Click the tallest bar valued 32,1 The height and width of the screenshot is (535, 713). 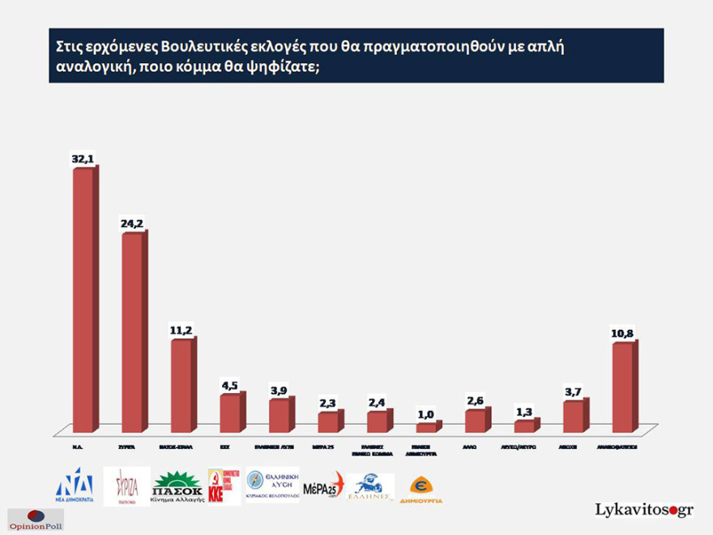click(83, 300)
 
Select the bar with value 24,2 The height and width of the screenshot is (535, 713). click(132, 332)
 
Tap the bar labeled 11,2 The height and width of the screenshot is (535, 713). click(181, 386)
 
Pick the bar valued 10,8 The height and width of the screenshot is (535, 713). click(622, 387)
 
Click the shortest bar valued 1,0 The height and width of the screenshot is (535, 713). click(426, 427)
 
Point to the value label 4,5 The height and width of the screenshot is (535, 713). click(230, 384)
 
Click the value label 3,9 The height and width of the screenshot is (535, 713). click(279, 390)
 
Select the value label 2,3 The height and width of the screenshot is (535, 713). click(328, 403)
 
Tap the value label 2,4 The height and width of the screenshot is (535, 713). click(377, 402)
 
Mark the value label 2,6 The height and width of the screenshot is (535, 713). click(476, 400)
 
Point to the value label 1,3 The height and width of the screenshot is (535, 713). click(525, 411)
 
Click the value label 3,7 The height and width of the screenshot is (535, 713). click(574, 392)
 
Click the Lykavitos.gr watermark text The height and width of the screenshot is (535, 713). click(644, 510)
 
